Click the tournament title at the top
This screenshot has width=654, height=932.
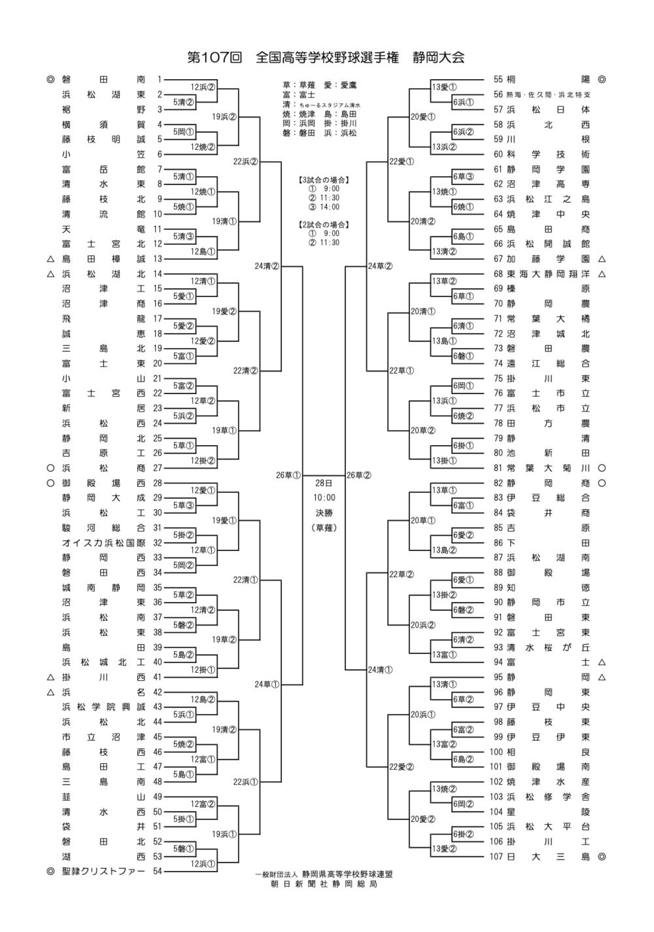(326, 58)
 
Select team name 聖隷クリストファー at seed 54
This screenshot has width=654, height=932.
(103, 871)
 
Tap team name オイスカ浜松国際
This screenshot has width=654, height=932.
(103, 543)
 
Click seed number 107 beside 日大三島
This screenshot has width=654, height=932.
(496, 856)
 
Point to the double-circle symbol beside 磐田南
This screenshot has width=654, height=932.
(50, 79)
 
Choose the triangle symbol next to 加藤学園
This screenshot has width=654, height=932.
(602, 259)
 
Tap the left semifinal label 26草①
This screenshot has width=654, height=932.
(288, 475)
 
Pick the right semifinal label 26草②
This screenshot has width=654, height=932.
(359, 475)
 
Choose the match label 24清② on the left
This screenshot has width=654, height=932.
(267, 266)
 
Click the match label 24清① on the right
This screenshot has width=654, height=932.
(381, 670)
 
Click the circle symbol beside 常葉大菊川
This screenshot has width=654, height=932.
(602, 468)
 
